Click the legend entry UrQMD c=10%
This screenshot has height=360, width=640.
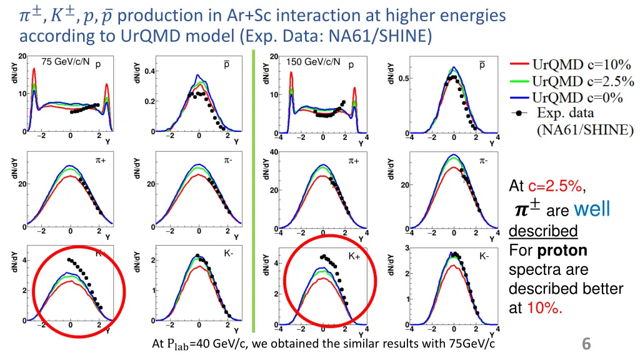(581, 64)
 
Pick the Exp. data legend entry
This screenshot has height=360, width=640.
(566, 113)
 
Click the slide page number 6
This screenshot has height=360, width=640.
(586, 343)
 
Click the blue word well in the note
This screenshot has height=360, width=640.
(591, 208)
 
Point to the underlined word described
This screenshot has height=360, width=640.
(542, 231)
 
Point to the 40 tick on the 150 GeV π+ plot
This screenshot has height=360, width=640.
(274, 152)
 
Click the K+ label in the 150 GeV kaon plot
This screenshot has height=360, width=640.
(354, 256)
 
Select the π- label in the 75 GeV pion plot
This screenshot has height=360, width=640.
(229, 160)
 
